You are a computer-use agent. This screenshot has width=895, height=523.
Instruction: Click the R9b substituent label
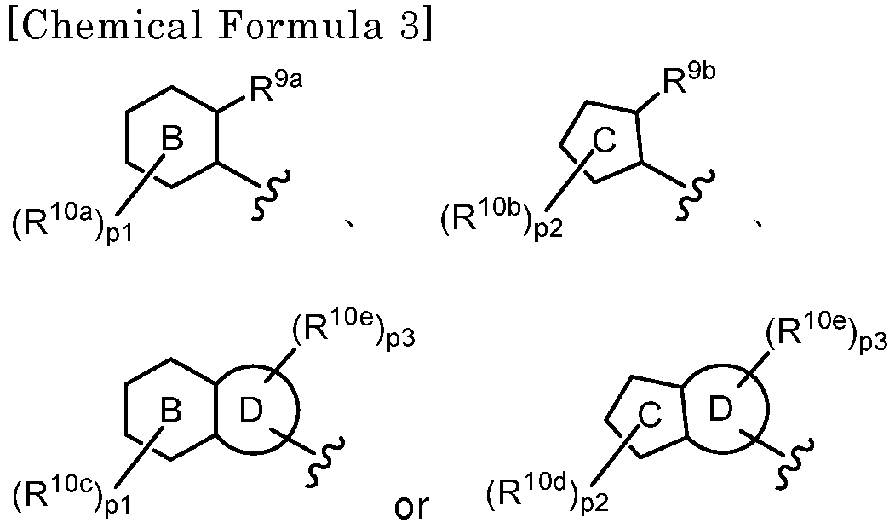[x=688, y=79]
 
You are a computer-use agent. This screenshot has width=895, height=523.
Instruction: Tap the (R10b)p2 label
[x=502, y=220]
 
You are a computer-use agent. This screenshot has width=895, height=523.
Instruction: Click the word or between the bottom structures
[x=411, y=505]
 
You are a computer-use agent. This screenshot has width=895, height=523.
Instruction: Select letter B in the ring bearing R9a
[x=172, y=139]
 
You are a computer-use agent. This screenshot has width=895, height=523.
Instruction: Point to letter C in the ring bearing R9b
[x=605, y=141]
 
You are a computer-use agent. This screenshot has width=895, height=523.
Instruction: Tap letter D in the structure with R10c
[x=250, y=411]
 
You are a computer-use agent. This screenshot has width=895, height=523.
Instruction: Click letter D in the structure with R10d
[x=720, y=410]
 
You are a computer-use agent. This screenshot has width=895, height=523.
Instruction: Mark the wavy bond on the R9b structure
[x=695, y=194]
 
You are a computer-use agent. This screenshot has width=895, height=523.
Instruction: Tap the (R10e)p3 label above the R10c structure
[x=354, y=331]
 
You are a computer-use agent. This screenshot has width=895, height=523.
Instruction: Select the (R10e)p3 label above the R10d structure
[x=826, y=331]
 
